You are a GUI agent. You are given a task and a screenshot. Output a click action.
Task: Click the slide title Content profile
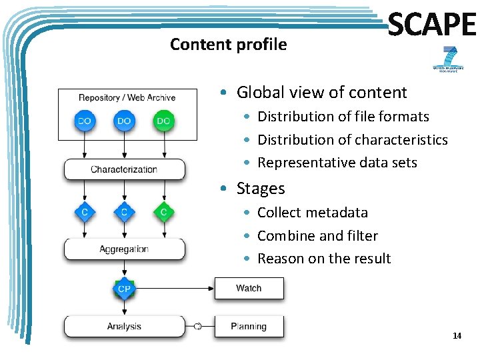coord(228,45)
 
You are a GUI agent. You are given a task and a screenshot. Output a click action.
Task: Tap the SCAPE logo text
coord(432,26)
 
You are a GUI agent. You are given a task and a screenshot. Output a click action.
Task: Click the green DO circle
coord(163,121)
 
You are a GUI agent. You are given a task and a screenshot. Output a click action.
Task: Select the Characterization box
coord(124,169)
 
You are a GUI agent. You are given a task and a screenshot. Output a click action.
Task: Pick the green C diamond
coord(163,212)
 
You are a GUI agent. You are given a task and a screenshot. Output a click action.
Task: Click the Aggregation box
coord(124,249)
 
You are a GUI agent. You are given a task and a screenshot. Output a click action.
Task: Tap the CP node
coord(124,289)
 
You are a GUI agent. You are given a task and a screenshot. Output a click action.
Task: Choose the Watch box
coord(249,288)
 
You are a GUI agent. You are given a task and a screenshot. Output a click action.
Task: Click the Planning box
coord(249,327)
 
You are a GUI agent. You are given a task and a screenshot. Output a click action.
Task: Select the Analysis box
coord(124,327)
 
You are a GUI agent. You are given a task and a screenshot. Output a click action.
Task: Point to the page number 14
coord(457,336)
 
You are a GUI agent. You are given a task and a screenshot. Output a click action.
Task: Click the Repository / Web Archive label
coord(127,98)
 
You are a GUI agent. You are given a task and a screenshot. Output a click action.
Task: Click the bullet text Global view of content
coord(321,93)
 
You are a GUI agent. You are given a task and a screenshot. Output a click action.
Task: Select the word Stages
coord(261,189)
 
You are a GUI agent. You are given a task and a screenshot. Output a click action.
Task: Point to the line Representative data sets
coord(337,163)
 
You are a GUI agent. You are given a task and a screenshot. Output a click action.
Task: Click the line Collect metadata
coord(312,213)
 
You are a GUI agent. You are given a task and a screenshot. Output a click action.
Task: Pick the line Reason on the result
coord(324,259)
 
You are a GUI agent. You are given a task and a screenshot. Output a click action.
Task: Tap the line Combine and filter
coord(317,236)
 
